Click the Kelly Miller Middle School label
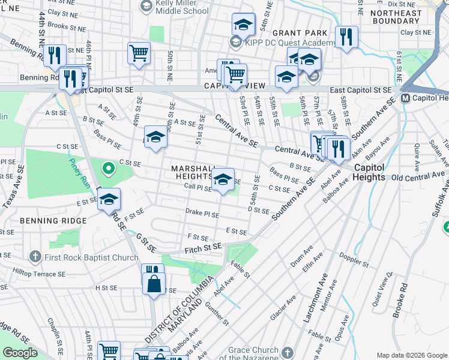click(182, 7)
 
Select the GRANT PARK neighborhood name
click(300, 32)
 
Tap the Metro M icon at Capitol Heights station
click(406, 98)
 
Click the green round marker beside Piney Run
click(108, 169)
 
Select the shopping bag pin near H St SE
click(154, 283)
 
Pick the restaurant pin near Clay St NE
click(346, 36)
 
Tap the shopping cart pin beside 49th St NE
click(139, 53)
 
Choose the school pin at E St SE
click(109, 200)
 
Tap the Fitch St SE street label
click(203, 247)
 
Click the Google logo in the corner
click(20, 353)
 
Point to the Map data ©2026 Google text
click(411, 355)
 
